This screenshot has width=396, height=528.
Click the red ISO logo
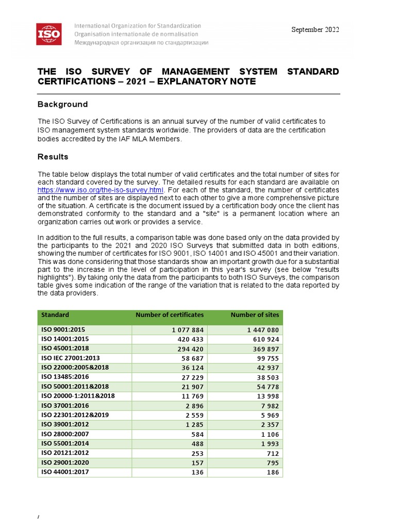click(x=49, y=34)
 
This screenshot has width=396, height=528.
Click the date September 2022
click(x=315, y=29)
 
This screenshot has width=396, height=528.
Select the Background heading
click(x=62, y=104)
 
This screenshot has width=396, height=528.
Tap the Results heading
click(x=53, y=157)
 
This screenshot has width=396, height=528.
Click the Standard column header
click(x=55, y=315)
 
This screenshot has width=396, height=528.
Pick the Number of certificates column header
click(x=169, y=315)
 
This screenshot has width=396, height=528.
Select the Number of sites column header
click(x=255, y=315)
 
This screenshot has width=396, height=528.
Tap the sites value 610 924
click(x=266, y=339)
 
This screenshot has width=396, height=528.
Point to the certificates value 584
click(x=197, y=434)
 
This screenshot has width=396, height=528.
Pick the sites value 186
click(x=272, y=472)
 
